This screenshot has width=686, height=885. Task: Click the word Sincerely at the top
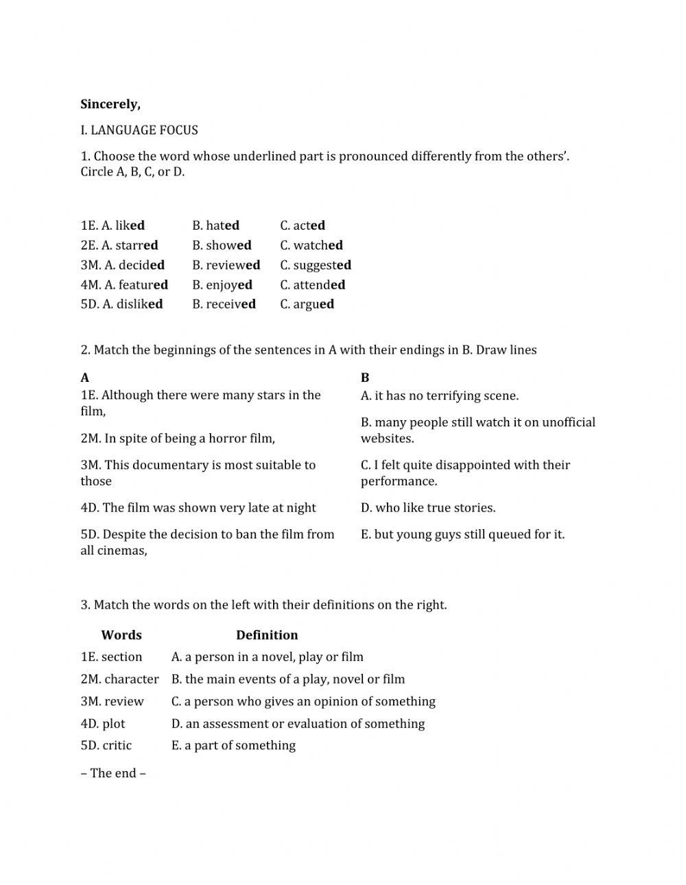(x=110, y=104)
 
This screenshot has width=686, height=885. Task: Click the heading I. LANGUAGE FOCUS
(x=139, y=130)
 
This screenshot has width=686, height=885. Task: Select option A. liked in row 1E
(x=123, y=226)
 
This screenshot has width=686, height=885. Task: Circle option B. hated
(x=215, y=226)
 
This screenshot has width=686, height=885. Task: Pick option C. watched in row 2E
(x=311, y=245)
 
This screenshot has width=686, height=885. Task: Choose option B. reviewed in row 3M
(x=226, y=265)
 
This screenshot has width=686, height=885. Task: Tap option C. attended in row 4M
(x=312, y=284)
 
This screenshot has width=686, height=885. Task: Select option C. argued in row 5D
(x=307, y=304)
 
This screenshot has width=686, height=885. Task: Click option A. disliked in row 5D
(x=132, y=304)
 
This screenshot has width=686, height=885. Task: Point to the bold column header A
(x=84, y=378)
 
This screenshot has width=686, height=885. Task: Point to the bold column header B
(x=365, y=378)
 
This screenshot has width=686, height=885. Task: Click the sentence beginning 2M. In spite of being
(x=178, y=439)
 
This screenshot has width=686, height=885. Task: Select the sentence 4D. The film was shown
(x=198, y=508)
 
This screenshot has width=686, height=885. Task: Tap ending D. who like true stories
(x=428, y=508)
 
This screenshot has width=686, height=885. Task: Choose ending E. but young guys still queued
(x=462, y=535)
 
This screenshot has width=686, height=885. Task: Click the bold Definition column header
(x=267, y=635)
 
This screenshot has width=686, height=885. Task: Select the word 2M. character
(x=119, y=679)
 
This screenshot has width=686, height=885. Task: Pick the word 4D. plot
(x=103, y=724)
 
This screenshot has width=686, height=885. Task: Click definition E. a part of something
(x=233, y=746)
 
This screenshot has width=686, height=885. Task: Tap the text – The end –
(x=113, y=773)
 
